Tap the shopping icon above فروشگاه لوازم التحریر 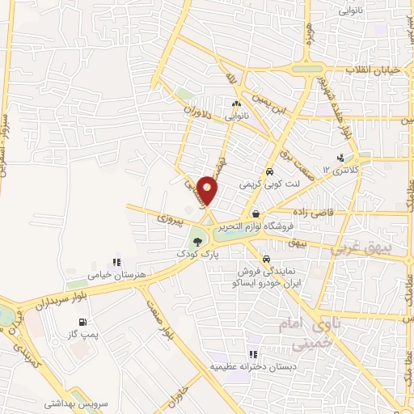[256, 211]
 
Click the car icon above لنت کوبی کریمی [269, 171]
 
